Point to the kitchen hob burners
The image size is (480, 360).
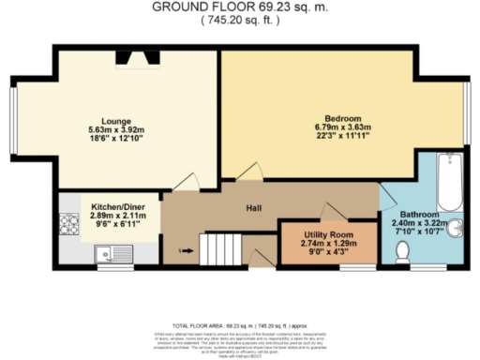pyautogui.click(x=68, y=224)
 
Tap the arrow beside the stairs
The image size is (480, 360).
pyautogui.click(x=184, y=250)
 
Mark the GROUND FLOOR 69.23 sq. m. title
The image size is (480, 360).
pyautogui.click(x=240, y=7)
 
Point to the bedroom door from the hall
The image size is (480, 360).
pyautogui.click(x=250, y=172)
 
